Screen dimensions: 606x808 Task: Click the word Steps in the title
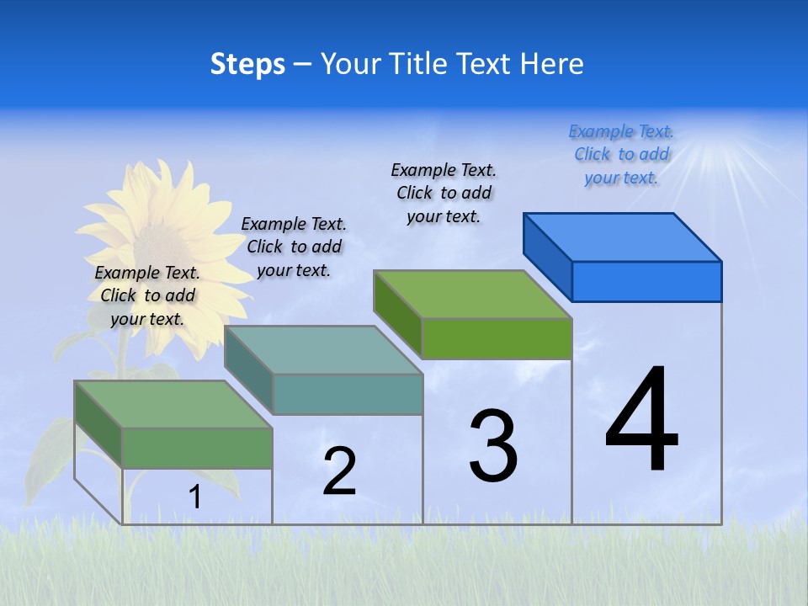tap(247, 64)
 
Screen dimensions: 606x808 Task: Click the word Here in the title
tap(552, 64)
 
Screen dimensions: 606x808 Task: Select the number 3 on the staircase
tap(493, 446)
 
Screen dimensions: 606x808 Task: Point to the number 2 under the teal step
tap(340, 471)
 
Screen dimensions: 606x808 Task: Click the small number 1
tap(194, 497)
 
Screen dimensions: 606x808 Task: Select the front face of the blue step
tap(646, 281)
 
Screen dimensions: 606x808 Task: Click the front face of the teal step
tap(348, 394)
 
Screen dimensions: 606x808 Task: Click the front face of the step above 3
tap(497, 338)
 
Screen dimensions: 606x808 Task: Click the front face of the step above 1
tap(197, 448)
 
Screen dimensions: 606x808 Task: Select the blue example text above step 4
tap(621, 154)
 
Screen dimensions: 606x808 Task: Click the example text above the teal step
tap(294, 247)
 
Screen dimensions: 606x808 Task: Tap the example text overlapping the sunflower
tap(147, 295)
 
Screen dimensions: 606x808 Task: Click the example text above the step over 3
tap(444, 193)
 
